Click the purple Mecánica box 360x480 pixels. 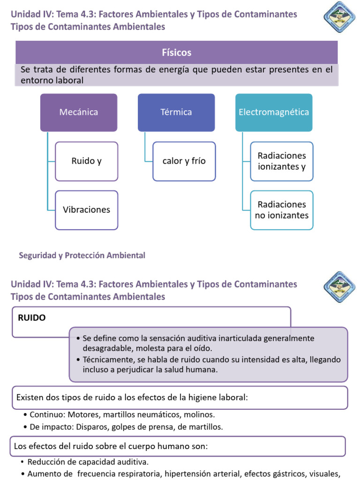pyautogui.click(x=79, y=112)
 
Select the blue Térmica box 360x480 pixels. pyautogui.click(x=176, y=112)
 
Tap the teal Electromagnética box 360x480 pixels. pyautogui.click(x=274, y=112)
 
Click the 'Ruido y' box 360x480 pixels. pyautogui.click(x=87, y=161)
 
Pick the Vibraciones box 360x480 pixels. pyautogui.click(x=87, y=210)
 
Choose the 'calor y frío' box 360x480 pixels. pyautogui.click(x=184, y=161)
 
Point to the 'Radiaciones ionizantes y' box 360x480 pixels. pyautogui.click(x=282, y=161)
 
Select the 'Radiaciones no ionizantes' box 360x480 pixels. pyautogui.click(x=282, y=210)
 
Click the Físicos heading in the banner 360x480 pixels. pyautogui.click(x=177, y=52)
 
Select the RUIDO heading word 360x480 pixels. pyautogui.click(x=32, y=317)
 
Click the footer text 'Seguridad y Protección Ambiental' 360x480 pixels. pyautogui.click(x=82, y=255)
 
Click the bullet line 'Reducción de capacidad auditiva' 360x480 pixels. pyautogui.click(x=88, y=461)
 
